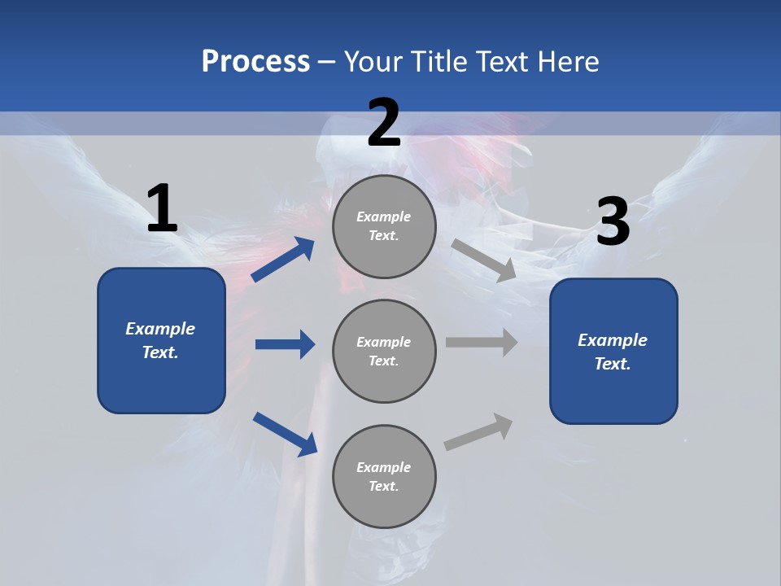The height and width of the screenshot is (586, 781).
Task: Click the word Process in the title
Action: (x=255, y=61)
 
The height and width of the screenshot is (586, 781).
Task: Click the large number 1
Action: (x=162, y=209)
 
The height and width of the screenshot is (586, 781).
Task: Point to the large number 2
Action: (x=384, y=123)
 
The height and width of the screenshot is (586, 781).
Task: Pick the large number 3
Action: (x=613, y=222)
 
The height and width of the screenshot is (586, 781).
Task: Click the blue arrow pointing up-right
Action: (x=284, y=260)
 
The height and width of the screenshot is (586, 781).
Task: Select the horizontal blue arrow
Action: (x=285, y=344)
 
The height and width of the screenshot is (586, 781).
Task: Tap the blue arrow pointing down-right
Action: (x=285, y=434)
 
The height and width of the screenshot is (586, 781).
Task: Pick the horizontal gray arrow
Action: (x=482, y=343)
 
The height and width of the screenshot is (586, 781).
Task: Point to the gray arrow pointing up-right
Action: (x=479, y=432)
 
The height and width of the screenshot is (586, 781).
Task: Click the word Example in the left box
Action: (x=160, y=329)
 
